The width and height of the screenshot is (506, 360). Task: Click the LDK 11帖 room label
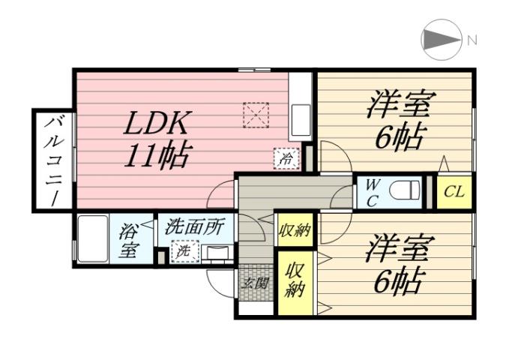tap(158, 139)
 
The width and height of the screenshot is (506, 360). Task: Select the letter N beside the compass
tap(472, 40)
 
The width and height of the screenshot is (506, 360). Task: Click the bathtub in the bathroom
tap(91, 238)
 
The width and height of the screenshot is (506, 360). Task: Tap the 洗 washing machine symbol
tap(182, 252)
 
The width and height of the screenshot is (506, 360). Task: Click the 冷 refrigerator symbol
tap(286, 158)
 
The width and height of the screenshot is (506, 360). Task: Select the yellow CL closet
tap(454, 192)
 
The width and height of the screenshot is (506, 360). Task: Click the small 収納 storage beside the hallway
tap(295, 229)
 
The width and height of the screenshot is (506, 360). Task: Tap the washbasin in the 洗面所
tap(217, 251)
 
